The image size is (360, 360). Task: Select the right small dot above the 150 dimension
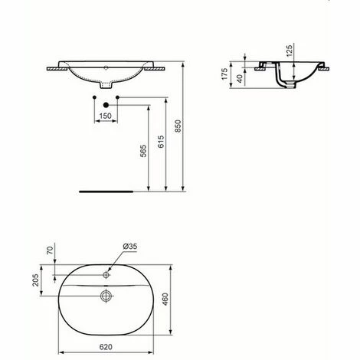[119, 97]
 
